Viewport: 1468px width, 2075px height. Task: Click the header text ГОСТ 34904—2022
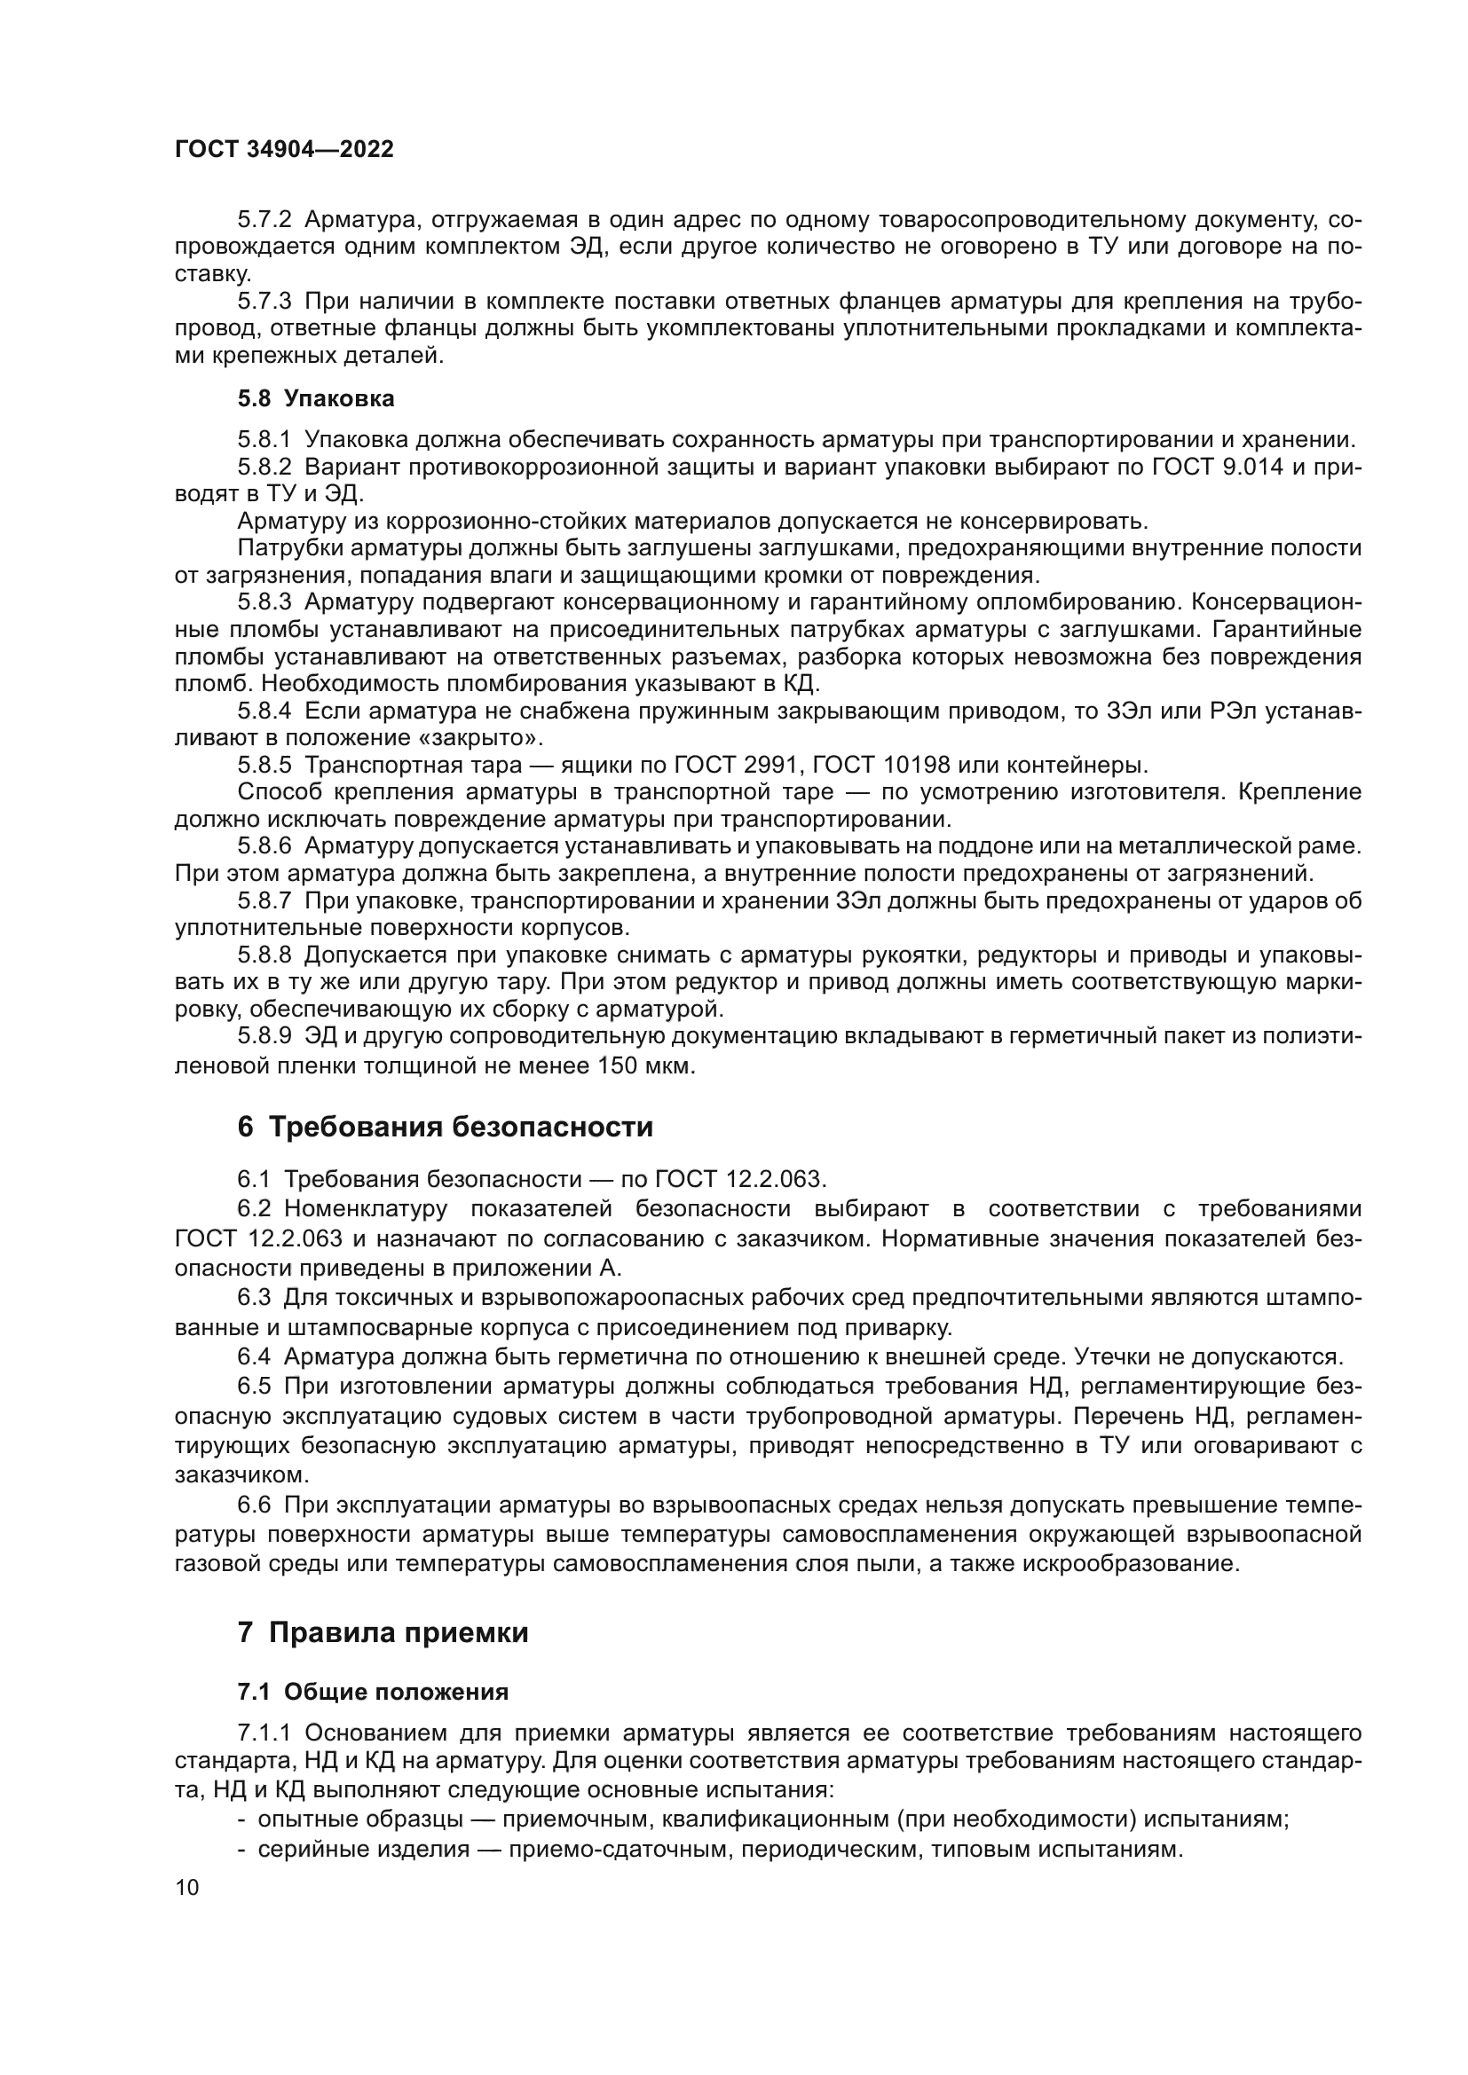284,150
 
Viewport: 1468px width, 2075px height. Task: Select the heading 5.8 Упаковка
315,398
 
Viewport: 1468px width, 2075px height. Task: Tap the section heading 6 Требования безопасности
444,1128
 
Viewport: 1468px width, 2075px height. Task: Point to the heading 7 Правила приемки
383,1633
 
